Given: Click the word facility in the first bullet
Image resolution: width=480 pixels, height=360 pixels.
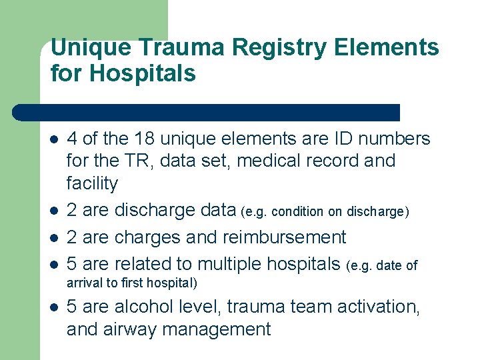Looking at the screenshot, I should point(92,183).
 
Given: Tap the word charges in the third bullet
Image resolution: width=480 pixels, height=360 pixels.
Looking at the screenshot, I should point(148,237).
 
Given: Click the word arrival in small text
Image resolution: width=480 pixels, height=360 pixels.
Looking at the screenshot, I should point(83,283).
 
